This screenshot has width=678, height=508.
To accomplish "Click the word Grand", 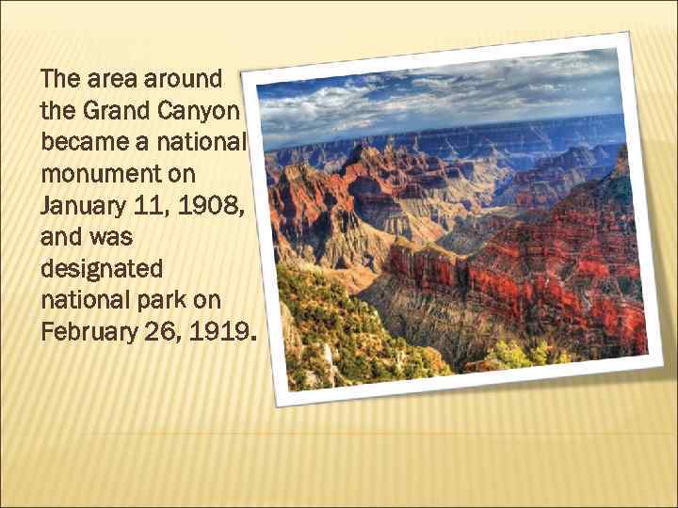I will click(x=113, y=111).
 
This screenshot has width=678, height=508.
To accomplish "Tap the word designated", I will click(x=102, y=268).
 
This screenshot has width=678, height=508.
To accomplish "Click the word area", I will click(x=115, y=79).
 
